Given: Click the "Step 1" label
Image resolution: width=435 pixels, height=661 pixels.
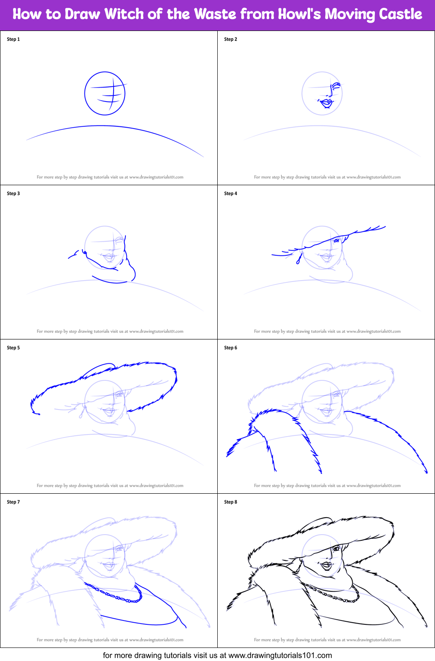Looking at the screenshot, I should coord(13,39).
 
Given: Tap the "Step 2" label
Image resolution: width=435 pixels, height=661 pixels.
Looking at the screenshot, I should coord(231,39).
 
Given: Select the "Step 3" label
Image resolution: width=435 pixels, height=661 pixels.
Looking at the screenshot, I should coord(13,193).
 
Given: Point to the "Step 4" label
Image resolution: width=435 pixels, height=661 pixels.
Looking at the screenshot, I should coord(231,193).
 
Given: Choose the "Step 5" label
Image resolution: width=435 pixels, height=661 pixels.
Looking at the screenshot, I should coord(13,348).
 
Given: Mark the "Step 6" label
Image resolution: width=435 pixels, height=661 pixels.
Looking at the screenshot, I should coord(231,348).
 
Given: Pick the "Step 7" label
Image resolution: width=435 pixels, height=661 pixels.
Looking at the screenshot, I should coord(13,502).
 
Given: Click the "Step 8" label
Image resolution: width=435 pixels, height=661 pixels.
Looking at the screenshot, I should coord(231,502).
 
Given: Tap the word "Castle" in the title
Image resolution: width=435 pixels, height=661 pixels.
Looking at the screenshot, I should coord(400,14).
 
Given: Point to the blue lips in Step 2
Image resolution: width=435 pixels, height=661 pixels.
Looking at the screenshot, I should coord(326,103).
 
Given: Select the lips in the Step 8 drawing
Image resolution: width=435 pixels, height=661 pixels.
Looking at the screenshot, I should coord(326,565).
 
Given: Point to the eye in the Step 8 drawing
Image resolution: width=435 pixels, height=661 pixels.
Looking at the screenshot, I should coord(336,549).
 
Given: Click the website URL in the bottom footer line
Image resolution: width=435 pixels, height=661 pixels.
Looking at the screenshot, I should coord(280,655).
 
